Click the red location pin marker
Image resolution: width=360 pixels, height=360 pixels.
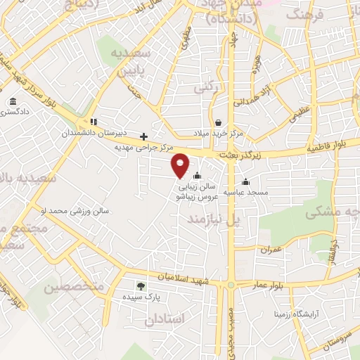click(x=181, y=165)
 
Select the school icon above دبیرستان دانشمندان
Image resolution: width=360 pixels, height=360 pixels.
click(x=94, y=121)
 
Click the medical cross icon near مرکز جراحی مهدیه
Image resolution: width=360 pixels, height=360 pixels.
click(x=144, y=136)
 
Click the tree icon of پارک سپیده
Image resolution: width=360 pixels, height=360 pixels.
click(x=140, y=285)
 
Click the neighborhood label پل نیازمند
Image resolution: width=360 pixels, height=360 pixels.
click(x=209, y=220)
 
